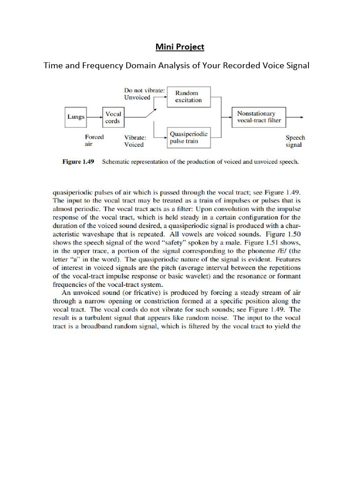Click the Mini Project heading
point(180,47)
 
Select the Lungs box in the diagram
point(75,117)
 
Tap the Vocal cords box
point(113,117)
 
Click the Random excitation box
point(189,97)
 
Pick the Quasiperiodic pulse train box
point(189,137)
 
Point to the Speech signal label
point(295,141)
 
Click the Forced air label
point(94,141)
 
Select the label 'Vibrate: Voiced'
point(135,141)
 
